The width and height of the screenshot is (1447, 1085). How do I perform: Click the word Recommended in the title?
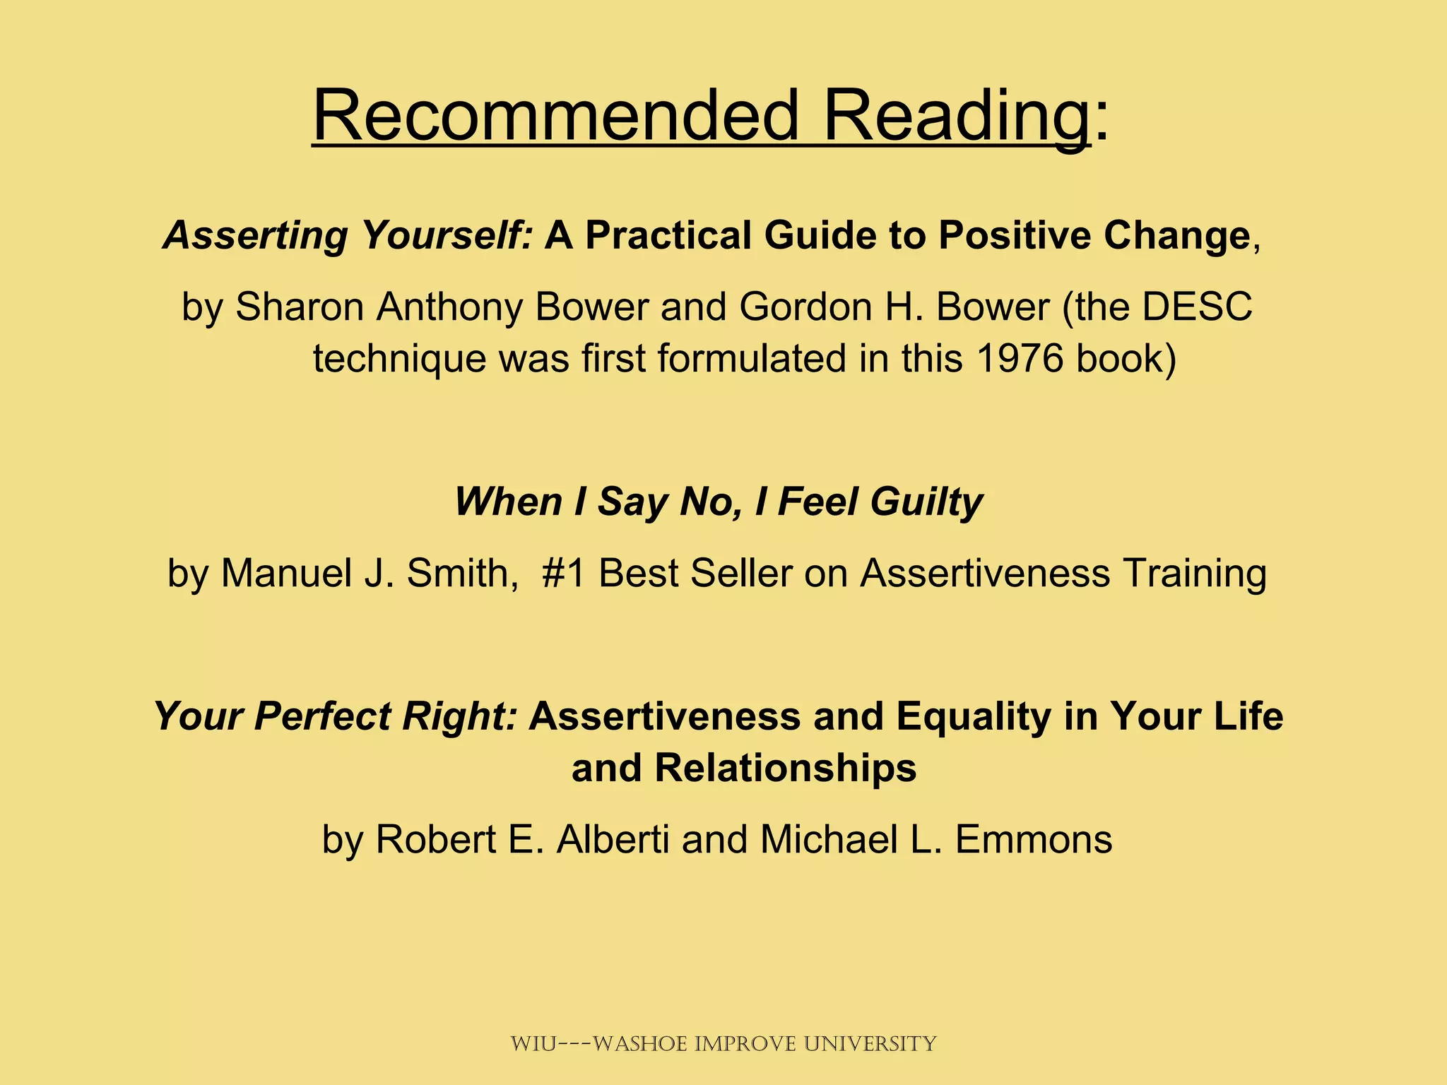point(555,114)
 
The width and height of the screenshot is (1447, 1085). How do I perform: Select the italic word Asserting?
point(255,235)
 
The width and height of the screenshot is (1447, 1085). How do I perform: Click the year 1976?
point(1020,358)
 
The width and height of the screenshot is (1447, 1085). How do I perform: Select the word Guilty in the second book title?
point(926,502)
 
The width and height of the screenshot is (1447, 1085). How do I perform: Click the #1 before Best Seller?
point(563,573)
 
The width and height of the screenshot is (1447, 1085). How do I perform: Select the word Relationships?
point(785,768)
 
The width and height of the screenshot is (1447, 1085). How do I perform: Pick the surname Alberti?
point(613,840)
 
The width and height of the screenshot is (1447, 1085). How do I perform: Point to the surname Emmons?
point(1034,840)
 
